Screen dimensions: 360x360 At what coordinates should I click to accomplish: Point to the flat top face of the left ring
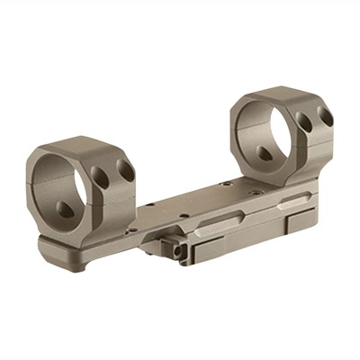[85, 144]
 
